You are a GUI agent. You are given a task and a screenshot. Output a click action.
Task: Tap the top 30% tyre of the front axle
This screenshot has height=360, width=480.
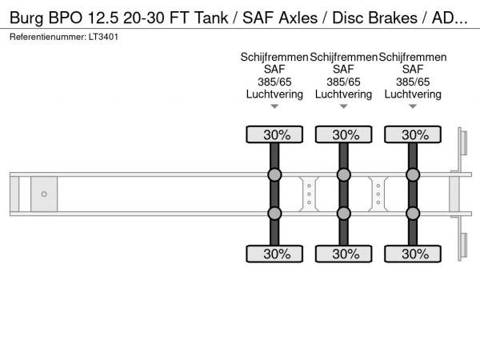pyautogui.click(x=274, y=135)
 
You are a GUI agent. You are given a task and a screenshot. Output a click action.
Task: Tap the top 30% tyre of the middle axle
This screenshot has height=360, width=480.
pyautogui.click(x=344, y=135)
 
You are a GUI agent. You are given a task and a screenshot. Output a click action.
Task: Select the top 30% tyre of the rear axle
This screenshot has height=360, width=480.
pyautogui.click(x=413, y=135)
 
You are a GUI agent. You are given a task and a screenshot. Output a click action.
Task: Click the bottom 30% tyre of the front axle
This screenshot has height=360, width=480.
pyautogui.click(x=274, y=254)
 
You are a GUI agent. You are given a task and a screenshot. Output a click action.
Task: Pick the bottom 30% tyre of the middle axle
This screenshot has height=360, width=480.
pyautogui.click(x=344, y=254)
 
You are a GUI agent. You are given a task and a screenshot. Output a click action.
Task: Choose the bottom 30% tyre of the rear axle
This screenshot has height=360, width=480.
pyautogui.click(x=413, y=254)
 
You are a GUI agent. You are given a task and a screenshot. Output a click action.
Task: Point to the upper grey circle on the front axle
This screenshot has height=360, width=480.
pyautogui.click(x=274, y=175)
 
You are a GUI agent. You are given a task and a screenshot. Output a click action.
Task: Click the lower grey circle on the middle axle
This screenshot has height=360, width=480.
pyautogui.click(x=344, y=213)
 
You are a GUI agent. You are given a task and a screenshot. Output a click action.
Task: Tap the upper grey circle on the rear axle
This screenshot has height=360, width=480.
pyautogui.click(x=413, y=175)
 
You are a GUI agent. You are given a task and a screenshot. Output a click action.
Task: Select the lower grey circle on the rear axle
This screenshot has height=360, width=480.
pyautogui.click(x=413, y=213)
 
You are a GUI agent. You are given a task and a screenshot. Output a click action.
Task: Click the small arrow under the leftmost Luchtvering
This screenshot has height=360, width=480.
pyautogui.click(x=274, y=106)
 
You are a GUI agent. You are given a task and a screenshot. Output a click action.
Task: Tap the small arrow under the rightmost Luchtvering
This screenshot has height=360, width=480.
pyautogui.click(x=413, y=106)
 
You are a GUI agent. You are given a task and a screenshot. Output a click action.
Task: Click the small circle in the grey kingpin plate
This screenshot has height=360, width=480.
pyautogui.click(x=44, y=194)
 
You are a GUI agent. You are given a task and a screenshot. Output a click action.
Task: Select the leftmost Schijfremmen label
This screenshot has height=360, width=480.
pyautogui.click(x=274, y=57)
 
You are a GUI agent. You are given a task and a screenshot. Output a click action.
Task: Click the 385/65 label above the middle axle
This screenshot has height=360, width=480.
pyautogui.click(x=344, y=82)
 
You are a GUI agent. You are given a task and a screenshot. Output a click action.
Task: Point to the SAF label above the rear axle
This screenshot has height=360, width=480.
pyautogui.click(x=413, y=70)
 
